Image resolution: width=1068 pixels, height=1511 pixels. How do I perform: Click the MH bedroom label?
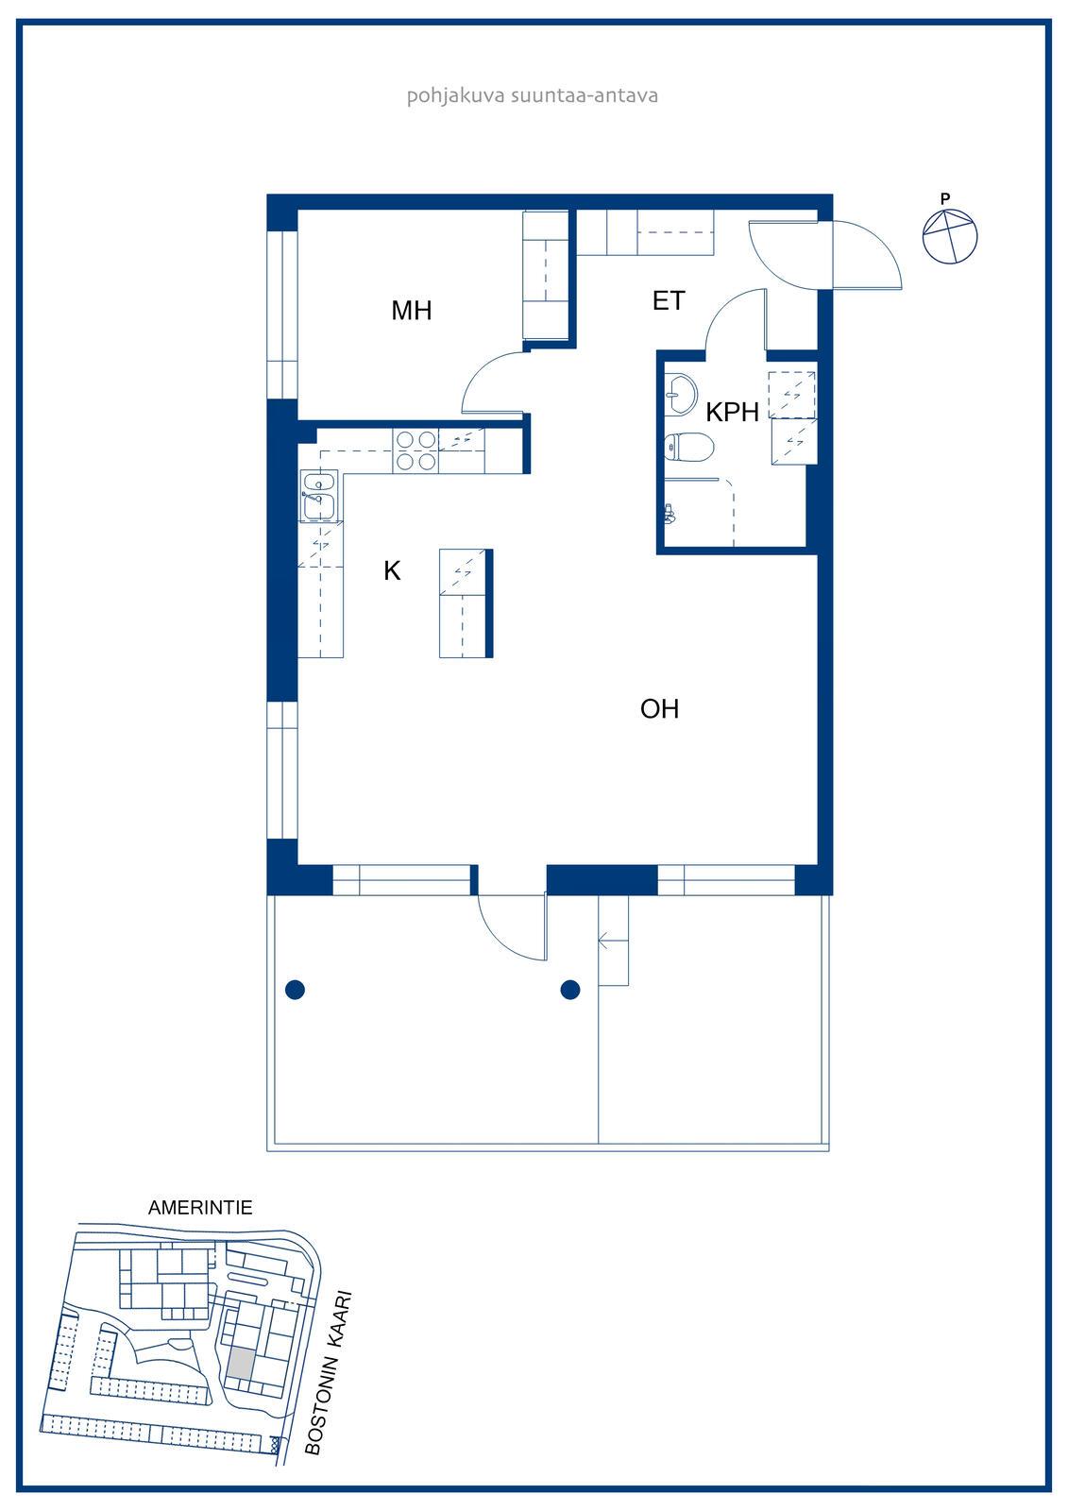click(x=412, y=311)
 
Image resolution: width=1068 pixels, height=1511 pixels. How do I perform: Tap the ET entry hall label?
click(x=669, y=301)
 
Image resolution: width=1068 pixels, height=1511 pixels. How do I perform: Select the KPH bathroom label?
click(x=732, y=412)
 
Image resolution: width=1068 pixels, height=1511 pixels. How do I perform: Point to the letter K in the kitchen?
click(x=392, y=570)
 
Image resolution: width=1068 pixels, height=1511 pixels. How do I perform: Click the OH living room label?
click(x=659, y=709)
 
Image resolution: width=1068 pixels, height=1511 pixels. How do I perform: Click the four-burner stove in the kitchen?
click(x=415, y=450)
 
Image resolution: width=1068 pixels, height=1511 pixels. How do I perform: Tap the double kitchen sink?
click(x=318, y=497)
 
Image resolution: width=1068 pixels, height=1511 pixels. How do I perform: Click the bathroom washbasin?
click(x=680, y=393)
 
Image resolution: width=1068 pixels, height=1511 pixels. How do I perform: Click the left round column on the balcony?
click(x=296, y=990)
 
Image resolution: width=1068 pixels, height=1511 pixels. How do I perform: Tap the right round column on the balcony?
click(x=570, y=990)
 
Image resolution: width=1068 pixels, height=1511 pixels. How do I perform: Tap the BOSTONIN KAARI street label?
click(x=329, y=1373)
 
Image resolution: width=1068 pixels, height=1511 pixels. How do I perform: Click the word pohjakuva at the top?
click(x=455, y=95)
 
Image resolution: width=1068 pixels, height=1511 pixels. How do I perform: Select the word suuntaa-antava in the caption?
click(x=585, y=95)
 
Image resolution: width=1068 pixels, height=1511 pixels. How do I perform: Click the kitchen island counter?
click(x=466, y=603)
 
